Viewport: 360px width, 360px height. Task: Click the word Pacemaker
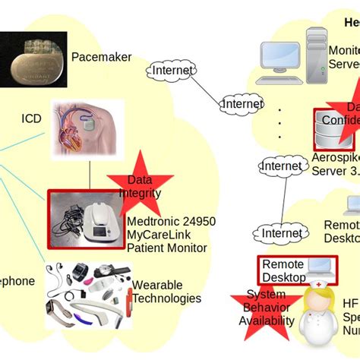click(101, 57)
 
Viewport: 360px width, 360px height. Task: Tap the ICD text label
click(31, 119)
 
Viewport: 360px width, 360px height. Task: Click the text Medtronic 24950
click(171, 222)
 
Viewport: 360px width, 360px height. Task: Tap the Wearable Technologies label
click(166, 292)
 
